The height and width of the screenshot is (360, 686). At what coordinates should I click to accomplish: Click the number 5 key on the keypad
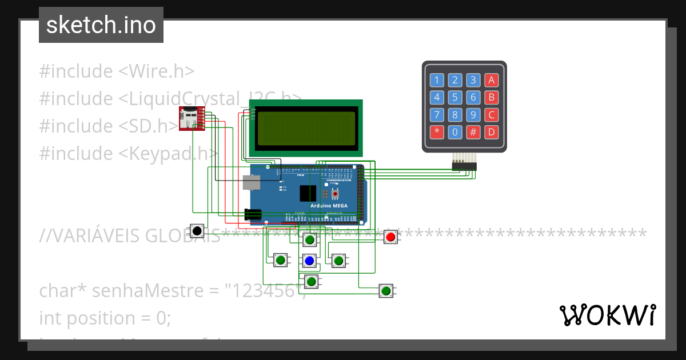point(455,97)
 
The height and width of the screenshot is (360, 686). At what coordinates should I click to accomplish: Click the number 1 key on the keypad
point(437,79)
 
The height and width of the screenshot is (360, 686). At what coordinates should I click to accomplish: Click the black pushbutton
point(197,231)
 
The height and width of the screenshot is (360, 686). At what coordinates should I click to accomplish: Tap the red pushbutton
point(390,237)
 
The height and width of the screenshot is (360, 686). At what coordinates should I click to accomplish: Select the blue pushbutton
point(309,261)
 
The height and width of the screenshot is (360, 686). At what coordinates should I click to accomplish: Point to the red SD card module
point(191,118)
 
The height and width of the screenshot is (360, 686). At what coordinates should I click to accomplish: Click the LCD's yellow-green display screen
point(306,129)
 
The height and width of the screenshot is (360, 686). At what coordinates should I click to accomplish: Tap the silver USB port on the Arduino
point(252,182)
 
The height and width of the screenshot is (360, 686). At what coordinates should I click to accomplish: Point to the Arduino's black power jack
point(253,214)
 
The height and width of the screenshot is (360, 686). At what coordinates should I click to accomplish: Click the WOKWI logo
point(607,315)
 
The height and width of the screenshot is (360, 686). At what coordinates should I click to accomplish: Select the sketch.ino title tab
point(101,25)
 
